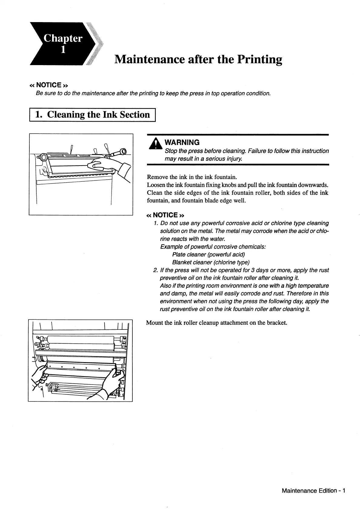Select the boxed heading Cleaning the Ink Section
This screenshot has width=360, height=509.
[92, 115]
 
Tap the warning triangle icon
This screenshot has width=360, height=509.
[155, 144]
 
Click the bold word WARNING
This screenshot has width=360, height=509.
[182, 142]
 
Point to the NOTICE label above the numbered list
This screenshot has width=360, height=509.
[165, 215]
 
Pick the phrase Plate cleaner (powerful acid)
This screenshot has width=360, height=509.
[208, 254]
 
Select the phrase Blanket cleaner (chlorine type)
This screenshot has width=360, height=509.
[211, 262]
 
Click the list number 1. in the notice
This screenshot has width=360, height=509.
[156, 223]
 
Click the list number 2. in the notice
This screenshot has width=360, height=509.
[156, 270]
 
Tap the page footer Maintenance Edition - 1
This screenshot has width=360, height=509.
[313, 491]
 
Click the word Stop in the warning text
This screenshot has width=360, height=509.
[171, 151]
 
